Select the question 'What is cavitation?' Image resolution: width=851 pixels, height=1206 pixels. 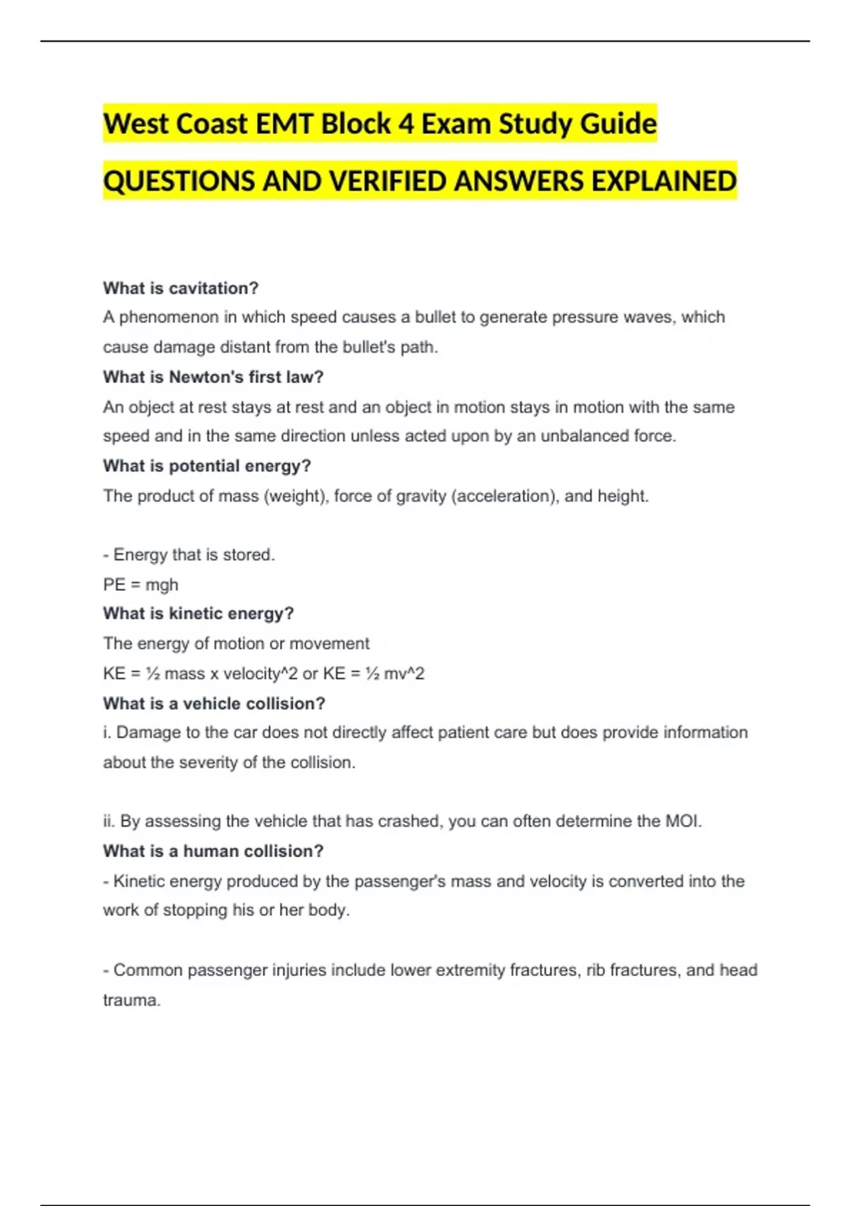[181, 288]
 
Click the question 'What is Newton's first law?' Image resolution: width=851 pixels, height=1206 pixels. [213, 377]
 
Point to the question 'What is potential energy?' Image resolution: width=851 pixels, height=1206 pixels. [206, 466]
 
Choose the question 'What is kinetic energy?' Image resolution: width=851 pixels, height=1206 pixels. [198, 614]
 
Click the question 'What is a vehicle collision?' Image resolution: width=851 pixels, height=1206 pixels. [213, 704]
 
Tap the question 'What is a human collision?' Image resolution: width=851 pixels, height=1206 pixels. [213, 851]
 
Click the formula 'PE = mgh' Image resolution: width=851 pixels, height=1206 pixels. [140, 585]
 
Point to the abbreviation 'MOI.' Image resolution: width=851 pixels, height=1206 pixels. [683, 821]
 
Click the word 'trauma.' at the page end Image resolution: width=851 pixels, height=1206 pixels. [132, 1000]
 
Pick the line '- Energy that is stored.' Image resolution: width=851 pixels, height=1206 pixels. [189, 555]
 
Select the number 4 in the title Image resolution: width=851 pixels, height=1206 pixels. [406, 124]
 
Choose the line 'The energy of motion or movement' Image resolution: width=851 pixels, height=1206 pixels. [236, 643]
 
